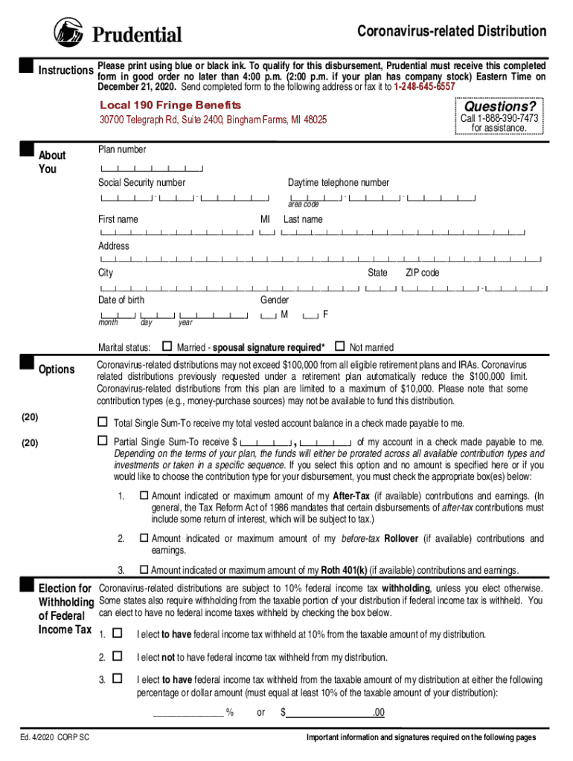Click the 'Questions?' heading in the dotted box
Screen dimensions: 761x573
[x=500, y=106]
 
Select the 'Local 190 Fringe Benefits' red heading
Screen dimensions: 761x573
[x=170, y=105]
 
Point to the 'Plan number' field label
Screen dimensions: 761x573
[x=122, y=149]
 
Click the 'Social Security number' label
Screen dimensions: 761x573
[x=141, y=183]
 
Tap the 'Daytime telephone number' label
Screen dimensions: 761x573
[x=338, y=183]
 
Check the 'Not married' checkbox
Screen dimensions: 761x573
[x=340, y=346]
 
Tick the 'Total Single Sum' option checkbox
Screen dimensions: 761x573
[x=103, y=422]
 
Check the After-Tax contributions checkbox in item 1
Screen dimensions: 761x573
[x=144, y=496]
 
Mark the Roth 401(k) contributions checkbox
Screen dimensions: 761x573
[x=144, y=570]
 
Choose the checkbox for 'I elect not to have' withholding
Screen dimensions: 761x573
[x=117, y=657]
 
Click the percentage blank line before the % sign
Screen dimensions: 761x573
[x=188, y=713]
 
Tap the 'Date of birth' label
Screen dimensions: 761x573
[x=121, y=300]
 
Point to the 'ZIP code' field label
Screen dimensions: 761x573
[x=422, y=273]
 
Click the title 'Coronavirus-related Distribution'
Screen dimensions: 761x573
[x=452, y=31]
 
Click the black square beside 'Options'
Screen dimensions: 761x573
[x=28, y=363]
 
